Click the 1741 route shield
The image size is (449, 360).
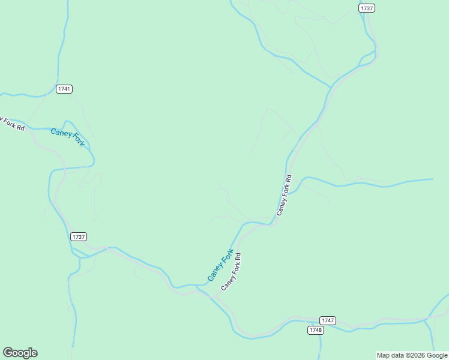(x=64, y=89)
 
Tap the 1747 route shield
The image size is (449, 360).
(x=328, y=320)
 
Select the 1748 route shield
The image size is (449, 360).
(x=316, y=330)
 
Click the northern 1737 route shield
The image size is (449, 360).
(x=367, y=8)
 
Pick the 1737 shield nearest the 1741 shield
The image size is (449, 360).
(x=79, y=236)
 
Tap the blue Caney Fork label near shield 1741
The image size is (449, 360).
(x=68, y=137)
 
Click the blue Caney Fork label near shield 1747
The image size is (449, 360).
(x=220, y=265)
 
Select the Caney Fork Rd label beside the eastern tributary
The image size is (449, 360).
(x=284, y=195)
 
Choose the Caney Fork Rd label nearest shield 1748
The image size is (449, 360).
(x=231, y=272)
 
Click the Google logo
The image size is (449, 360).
(x=20, y=353)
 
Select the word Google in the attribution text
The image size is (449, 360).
(x=437, y=355)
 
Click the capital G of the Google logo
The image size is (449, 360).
(x=8, y=353)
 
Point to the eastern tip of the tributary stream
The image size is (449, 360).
(x=432, y=179)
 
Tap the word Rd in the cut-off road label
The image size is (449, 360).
(x=20, y=128)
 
